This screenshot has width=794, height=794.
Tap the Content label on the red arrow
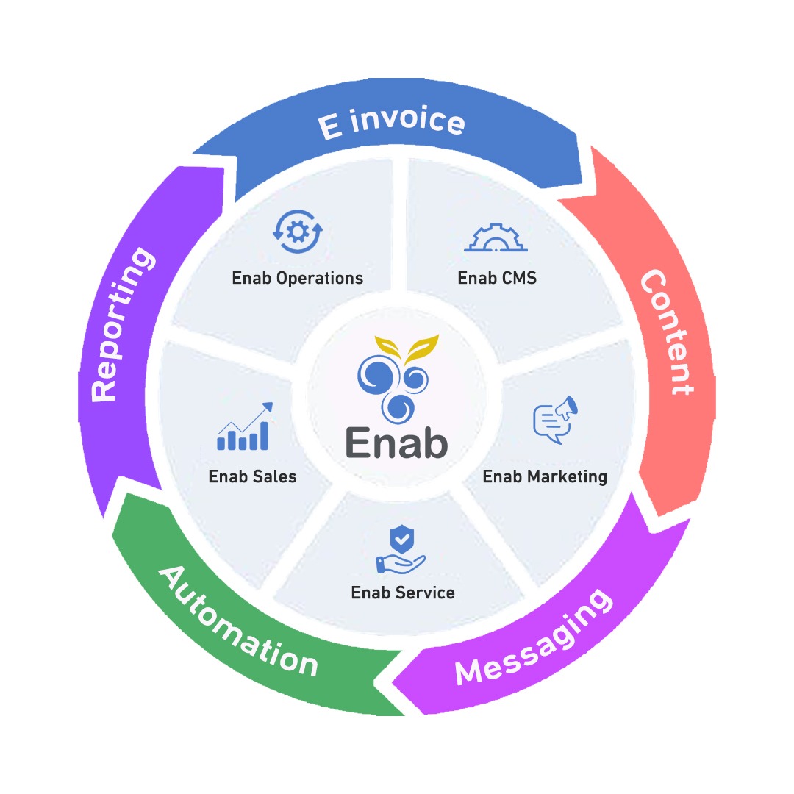pyautogui.click(x=665, y=332)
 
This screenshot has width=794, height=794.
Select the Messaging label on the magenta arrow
pyautogui.click(x=533, y=637)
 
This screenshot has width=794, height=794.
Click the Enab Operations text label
pyautogui.click(x=298, y=279)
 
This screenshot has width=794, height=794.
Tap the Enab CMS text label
pyautogui.click(x=497, y=279)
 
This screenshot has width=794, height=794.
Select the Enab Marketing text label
pyautogui.click(x=545, y=476)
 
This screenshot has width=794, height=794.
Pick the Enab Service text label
pyautogui.click(x=403, y=593)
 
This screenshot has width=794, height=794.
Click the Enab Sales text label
pyautogui.click(x=252, y=476)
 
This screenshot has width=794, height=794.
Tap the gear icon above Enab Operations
pyautogui.click(x=297, y=232)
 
